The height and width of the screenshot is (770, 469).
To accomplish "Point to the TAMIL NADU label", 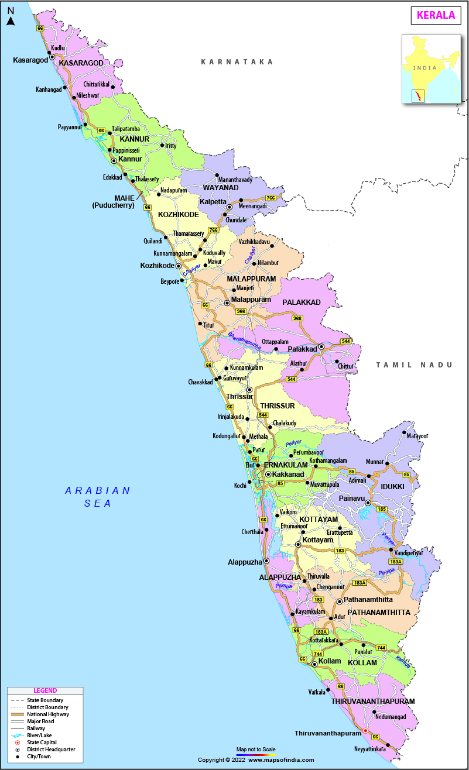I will click(414, 365).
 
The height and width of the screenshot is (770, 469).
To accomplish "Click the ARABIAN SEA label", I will click(97, 497).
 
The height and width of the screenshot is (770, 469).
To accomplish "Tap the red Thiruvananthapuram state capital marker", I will click(366, 731).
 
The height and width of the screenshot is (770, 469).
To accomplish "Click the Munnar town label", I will click(375, 462).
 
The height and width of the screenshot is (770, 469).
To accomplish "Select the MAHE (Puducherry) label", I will click(113, 202).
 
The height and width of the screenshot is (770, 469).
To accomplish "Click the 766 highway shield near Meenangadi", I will click(271, 198).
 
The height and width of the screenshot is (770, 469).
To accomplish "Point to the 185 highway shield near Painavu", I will click(381, 510).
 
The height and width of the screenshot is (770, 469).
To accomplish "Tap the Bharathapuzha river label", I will click(244, 341).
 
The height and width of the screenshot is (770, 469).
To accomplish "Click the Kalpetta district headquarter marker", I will click(230, 207).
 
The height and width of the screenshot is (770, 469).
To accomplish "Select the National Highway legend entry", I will click(48, 714).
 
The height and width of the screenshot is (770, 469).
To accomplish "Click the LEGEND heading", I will click(45, 690).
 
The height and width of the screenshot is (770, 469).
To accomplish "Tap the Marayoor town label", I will click(417, 436).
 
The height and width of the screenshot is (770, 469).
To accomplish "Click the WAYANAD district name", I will click(221, 188).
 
